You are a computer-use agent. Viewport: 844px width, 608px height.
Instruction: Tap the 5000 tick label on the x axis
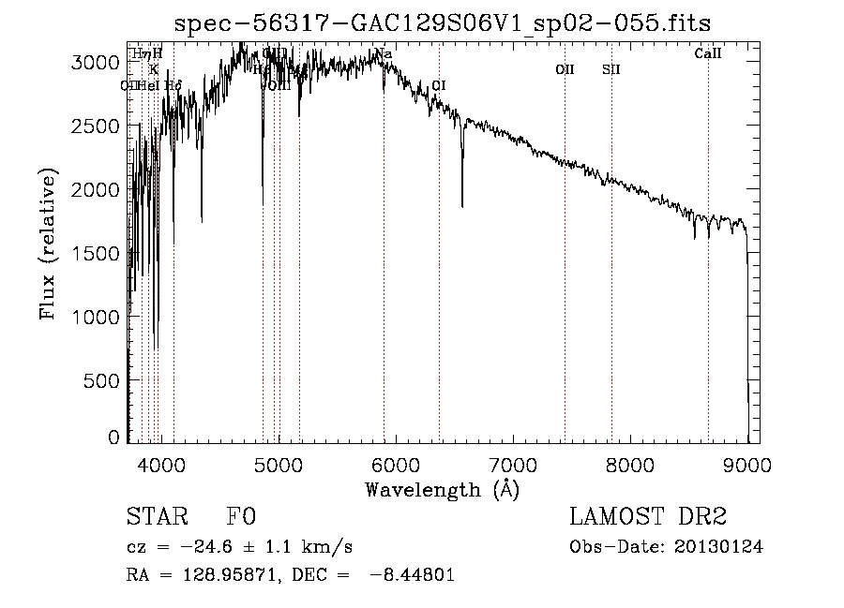click(279, 462)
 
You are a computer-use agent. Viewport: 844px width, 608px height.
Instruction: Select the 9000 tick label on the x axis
click(747, 462)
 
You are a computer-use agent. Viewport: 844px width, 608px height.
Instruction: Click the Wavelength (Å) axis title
click(442, 488)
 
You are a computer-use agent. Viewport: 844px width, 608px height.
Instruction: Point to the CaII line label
click(708, 54)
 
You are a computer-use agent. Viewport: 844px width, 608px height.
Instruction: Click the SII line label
click(611, 69)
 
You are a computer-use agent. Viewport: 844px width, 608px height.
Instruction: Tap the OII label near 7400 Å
click(565, 69)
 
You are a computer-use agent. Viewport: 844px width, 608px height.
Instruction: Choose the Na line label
click(384, 54)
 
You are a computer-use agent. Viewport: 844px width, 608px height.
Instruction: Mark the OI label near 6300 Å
click(438, 85)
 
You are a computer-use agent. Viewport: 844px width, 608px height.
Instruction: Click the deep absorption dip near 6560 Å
click(462, 204)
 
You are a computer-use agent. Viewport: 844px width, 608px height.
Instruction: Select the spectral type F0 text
click(241, 517)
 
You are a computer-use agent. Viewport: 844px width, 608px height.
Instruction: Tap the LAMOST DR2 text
click(648, 517)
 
